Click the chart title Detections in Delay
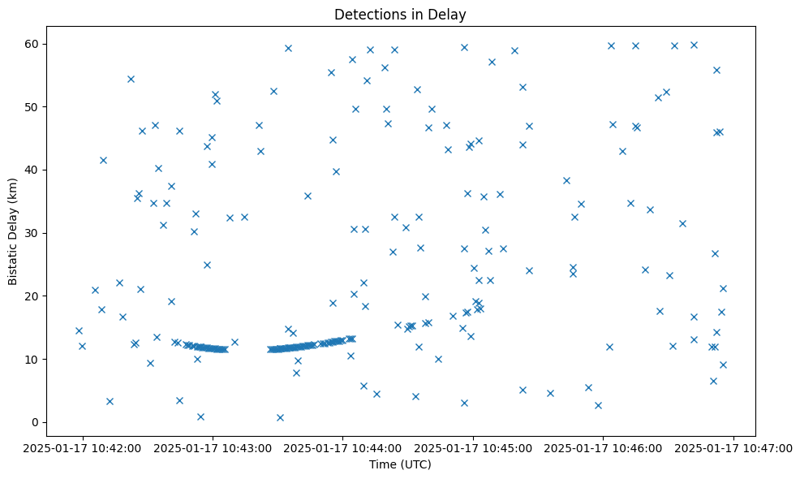pyautogui.click(x=400, y=15)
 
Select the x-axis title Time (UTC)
pyautogui.click(x=400, y=464)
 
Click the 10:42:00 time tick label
pyautogui.click(x=82, y=447)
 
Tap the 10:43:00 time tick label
pyautogui.click(x=213, y=447)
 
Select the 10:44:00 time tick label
pyautogui.click(x=343, y=447)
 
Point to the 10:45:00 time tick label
pyautogui.click(x=474, y=447)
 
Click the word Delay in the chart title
pyautogui.click(x=450, y=15)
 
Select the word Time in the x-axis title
pyautogui.click(x=383, y=464)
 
